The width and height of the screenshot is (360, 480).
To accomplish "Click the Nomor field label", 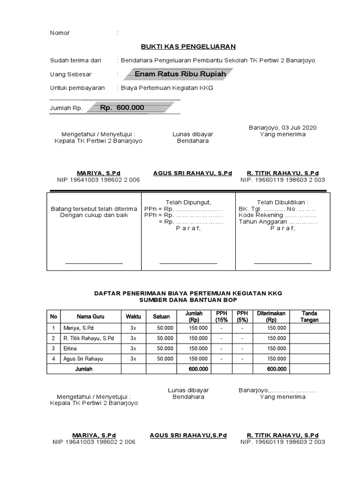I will pos(60,33).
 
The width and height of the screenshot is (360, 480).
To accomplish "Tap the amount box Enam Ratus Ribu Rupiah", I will pos(180,74).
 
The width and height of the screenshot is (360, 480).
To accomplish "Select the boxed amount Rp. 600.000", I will pos(122,108).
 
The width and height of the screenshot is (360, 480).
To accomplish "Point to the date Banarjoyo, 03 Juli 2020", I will pos(282,127).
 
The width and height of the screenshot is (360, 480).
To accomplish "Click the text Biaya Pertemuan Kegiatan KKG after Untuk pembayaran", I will pos(167,88).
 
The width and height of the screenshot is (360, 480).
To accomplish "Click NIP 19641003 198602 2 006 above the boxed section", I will pos(98,180).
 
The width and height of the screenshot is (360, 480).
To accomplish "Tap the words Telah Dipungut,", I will pos(188,202).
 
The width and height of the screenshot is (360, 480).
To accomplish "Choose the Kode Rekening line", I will pos(277,215).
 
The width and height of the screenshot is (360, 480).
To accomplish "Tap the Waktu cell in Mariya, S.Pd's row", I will pos(133,328).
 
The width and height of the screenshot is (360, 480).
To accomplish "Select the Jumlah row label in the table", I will pos(84,369).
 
